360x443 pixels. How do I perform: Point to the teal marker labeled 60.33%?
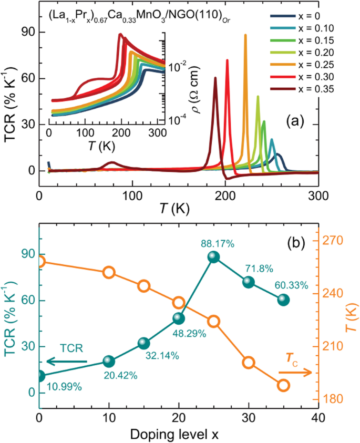click(x=284, y=300)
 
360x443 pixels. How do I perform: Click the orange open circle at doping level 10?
click(x=109, y=272)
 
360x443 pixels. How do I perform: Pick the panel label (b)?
click(x=299, y=229)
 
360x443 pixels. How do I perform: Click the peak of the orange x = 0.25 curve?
click(x=245, y=35)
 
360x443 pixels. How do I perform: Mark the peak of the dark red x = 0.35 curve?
click(x=215, y=78)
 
